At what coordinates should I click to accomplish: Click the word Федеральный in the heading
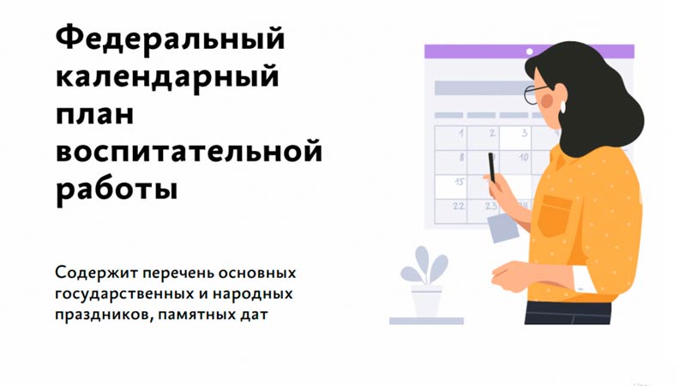170,39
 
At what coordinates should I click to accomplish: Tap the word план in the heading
94,115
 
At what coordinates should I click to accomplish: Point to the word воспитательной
189,152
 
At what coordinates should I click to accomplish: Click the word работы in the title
117,188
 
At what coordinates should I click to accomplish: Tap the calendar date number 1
460,133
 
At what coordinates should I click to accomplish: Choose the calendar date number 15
459,181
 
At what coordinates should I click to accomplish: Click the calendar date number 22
459,205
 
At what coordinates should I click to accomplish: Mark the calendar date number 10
523,157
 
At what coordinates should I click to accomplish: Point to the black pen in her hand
491,167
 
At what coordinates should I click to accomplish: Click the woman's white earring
563,107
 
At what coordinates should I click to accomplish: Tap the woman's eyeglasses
535,93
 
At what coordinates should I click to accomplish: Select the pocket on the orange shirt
555,215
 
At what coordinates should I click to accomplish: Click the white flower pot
426,302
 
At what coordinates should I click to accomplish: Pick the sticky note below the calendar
503,228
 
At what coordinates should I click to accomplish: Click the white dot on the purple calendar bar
529,51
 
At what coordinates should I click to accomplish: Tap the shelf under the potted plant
426,321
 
